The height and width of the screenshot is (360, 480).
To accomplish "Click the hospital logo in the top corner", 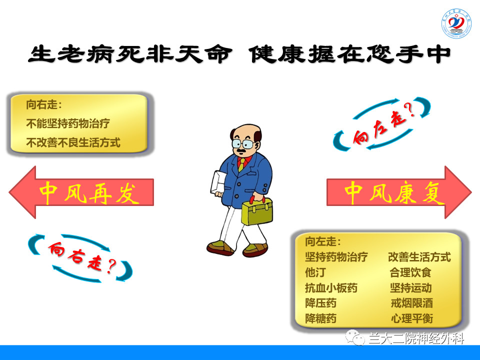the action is (456, 23).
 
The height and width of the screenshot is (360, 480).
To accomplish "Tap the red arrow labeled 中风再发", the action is (81, 192).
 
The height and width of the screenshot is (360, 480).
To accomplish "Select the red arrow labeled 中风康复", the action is (399, 192).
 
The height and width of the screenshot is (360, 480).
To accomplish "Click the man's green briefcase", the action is (257, 210).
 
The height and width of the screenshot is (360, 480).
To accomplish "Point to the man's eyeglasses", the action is (243, 143).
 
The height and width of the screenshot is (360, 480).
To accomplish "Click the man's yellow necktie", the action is (241, 164).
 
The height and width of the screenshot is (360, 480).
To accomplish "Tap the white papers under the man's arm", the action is (218, 183).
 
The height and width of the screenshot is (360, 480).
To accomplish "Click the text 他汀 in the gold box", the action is (315, 272).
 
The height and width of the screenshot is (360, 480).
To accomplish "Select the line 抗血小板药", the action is (331, 288).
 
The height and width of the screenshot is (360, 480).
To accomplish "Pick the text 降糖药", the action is (320, 318).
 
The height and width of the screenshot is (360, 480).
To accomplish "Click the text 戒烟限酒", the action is (411, 303).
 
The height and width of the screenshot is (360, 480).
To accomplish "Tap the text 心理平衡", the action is (411, 318).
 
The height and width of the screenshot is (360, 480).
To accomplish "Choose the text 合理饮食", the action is (410, 272).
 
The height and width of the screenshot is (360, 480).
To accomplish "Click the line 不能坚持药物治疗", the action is (68, 123).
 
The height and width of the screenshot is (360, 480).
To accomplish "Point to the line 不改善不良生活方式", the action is (73, 142).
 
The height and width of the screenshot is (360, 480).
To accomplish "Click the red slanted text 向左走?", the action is (382, 125).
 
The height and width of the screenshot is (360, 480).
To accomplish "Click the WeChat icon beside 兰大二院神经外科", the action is (355, 337).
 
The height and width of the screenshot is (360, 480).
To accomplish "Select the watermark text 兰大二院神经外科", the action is (416, 338).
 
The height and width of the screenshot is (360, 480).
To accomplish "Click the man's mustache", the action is (242, 150).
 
